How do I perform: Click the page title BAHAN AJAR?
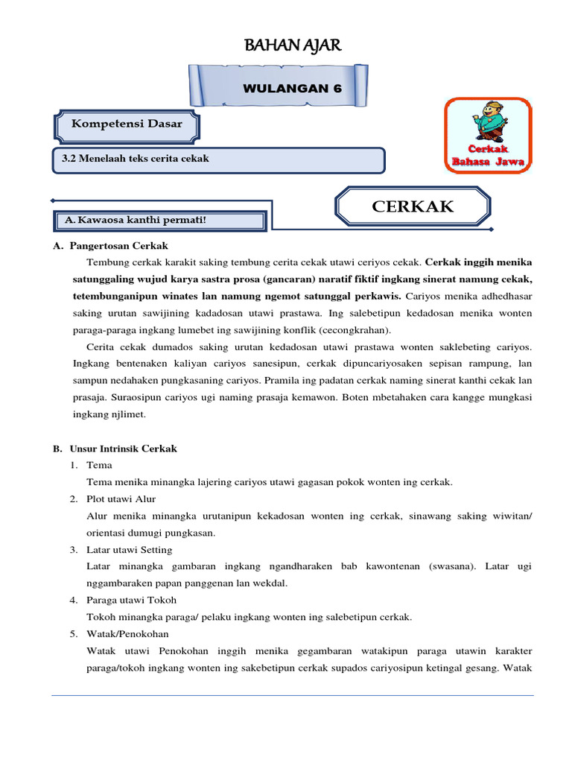293,46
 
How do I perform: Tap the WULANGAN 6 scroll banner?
292,88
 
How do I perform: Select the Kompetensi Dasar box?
127,124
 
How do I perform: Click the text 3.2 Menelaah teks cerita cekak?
135,159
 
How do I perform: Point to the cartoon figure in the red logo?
489,122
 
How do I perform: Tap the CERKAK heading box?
413,206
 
